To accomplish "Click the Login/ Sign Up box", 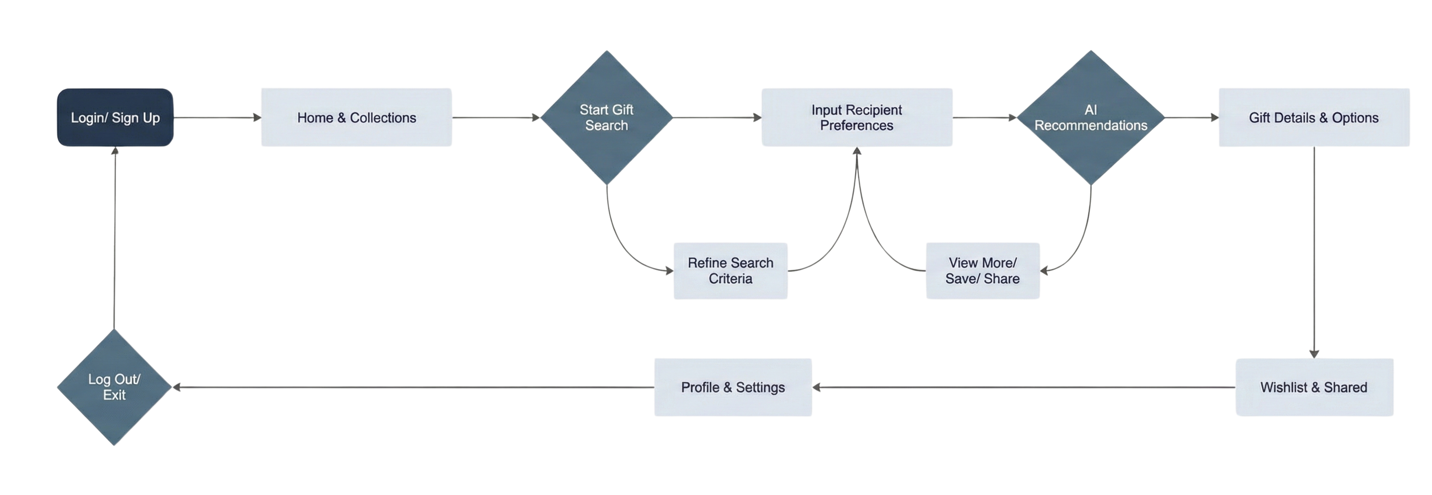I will click(x=115, y=117).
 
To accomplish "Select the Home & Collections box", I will click(x=356, y=117).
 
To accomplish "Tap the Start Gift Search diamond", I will click(x=607, y=117).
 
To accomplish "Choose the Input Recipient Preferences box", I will click(x=857, y=117).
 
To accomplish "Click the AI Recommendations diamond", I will click(x=1091, y=117).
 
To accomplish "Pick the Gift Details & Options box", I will click(x=1314, y=117).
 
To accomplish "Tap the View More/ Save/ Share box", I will click(x=982, y=271).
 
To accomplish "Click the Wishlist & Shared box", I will click(x=1314, y=387).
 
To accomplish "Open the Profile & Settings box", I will click(x=733, y=387).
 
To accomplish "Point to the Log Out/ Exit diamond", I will click(x=114, y=387).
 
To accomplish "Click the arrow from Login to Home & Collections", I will click(x=217, y=117).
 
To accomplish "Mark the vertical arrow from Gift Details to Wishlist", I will click(x=1314, y=250).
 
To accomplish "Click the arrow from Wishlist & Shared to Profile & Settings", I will click(x=1023, y=388).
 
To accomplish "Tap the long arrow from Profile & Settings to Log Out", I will click(x=411, y=387).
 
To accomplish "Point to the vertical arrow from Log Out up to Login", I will click(x=114, y=239).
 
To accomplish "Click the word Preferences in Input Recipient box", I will click(x=857, y=126).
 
